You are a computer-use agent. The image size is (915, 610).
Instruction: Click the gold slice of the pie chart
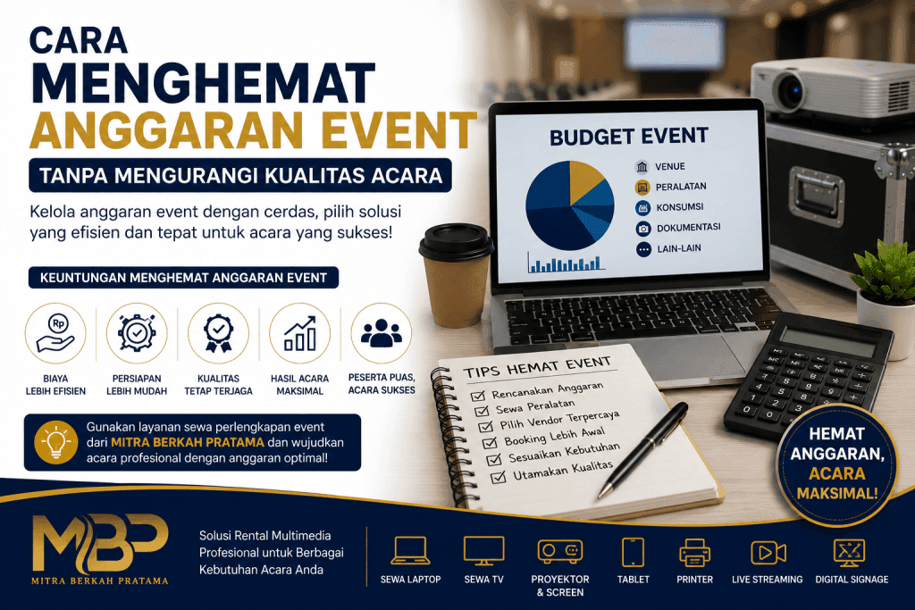tap(584, 180)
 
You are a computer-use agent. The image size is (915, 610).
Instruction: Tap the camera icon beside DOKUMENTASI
tap(643, 228)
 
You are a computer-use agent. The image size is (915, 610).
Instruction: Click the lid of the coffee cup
tap(456, 241)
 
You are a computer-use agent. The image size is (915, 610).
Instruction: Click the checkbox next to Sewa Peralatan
tap(482, 411)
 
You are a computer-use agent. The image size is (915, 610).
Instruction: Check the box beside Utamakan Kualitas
tap(498, 478)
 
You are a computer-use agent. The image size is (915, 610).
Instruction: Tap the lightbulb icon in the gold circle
tap(56, 441)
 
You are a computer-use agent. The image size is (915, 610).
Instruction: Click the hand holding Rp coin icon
tap(55, 333)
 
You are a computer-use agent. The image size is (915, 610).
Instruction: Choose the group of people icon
tap(381, 333)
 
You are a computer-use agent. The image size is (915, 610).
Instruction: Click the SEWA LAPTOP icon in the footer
tap(410, 550)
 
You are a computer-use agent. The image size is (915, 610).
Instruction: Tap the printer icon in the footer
tap(694, 552)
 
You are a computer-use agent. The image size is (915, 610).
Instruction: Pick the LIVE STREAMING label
tap(768, 579)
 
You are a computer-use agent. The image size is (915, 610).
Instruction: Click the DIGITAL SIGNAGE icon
tap(850, 552)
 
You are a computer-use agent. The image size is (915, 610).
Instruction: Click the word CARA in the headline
tap(79, 41)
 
